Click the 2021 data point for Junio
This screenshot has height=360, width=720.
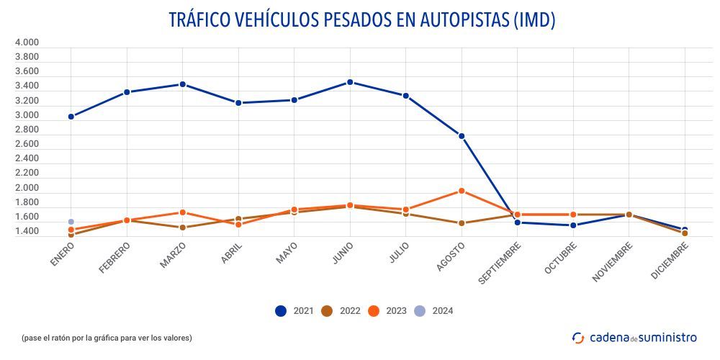350,82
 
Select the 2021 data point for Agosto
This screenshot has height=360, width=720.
462,136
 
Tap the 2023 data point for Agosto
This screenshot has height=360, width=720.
462,191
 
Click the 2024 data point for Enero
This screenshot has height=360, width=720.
71,222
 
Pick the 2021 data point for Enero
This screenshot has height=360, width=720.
71,117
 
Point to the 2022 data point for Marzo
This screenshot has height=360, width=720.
182,228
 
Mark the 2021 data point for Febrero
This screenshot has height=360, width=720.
127,92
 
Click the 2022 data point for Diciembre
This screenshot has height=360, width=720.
685,233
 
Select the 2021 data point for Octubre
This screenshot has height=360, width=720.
573,225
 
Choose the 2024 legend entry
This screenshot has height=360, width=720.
434,311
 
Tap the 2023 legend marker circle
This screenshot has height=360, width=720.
374,311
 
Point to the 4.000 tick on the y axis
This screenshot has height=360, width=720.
27,42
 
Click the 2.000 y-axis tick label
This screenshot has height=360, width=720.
27,188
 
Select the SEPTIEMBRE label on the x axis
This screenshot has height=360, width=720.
498,264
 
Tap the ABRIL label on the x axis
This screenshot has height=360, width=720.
231,253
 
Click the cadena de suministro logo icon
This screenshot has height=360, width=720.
578,337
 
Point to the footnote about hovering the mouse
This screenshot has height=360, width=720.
107,338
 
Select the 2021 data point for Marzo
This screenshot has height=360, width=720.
182,84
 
